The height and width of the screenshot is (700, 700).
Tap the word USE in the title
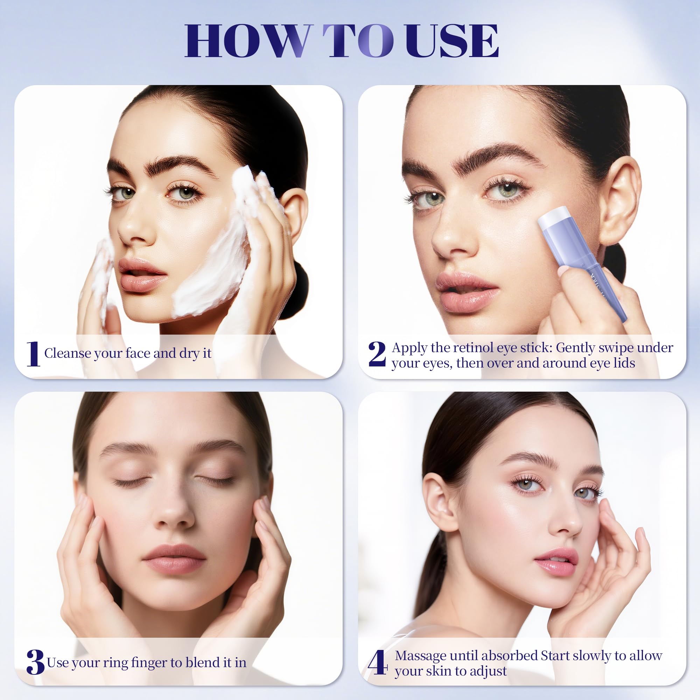tap(452, 41)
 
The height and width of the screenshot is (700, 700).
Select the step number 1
tap(33, 353)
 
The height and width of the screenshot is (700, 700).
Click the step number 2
tap(377, 353)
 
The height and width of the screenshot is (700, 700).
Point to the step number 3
tap(35, 661)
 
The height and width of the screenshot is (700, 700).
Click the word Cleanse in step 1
tap(68, 353)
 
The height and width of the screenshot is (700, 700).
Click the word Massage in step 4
tap(421, 656)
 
